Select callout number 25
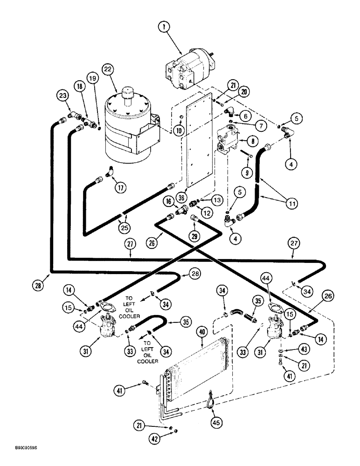click(124, 228)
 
